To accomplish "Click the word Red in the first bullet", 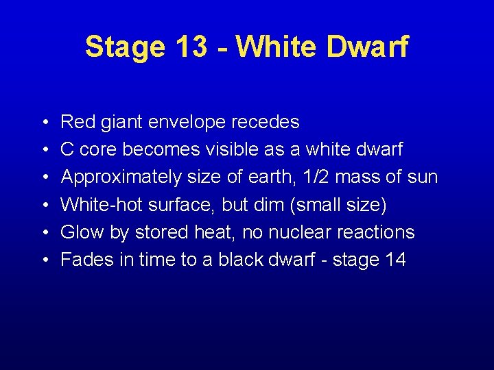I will (77, 122).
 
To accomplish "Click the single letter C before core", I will (67, 149).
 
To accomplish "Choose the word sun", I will (422, 177).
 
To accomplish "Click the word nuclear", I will (295, 232).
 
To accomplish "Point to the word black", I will (244, 260).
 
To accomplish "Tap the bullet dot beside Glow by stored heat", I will (43, 233).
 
